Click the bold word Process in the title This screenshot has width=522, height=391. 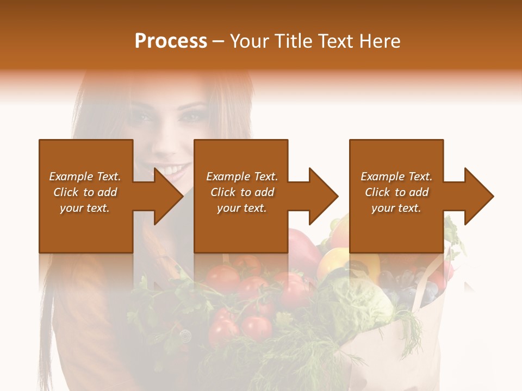[171, 41]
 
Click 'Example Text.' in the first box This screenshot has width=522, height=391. [85, 176]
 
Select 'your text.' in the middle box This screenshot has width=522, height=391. [241, 208]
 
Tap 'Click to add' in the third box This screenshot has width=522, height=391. [396, 192]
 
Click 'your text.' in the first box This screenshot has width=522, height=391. [85, 208]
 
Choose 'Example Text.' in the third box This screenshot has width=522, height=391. [396, 176]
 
